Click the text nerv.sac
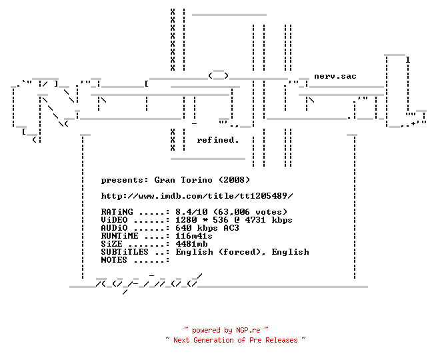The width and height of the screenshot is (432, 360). [x=335, y=76]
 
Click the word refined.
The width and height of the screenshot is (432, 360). [x=217, y=140]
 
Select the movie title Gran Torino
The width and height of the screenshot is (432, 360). [x=183, y=180]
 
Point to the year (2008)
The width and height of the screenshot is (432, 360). [x=234, y=180]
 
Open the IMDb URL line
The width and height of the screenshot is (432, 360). [x=197, y=196]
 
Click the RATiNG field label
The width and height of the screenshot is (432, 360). [x=117, y=212]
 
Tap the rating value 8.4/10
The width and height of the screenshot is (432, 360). [x=191, y=212]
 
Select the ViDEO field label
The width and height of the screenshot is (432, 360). [x=114, y=220]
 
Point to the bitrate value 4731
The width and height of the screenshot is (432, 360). [x=255, y=220]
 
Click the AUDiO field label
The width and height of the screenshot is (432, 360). [x=114, y=228]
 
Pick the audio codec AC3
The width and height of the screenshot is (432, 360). [x=231, y=228]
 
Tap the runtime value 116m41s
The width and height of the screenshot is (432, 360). [x=194, y=236]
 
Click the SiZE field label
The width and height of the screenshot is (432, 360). [x=111, y=244]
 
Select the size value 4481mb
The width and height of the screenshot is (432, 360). [x=191, y=244]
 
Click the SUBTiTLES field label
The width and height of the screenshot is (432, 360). [x=125, y=252]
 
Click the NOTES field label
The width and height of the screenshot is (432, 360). [x=114, y=260]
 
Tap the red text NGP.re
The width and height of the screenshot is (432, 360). [x=248, y=330]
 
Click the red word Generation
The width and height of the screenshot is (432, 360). [x=213, y=340]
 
